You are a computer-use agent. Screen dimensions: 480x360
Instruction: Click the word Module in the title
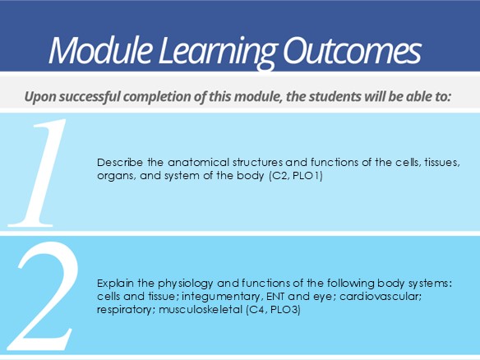point(100,50)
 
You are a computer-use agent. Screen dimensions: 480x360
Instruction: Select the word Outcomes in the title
point(353,51)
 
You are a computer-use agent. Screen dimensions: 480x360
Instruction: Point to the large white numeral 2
point(42,295)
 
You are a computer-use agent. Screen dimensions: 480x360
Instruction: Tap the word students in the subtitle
point(335,96)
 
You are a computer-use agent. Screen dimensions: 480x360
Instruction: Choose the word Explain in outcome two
point(115,284)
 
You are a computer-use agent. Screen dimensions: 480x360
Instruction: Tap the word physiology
point(185,284)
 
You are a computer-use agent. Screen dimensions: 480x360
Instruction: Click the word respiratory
point(124,310)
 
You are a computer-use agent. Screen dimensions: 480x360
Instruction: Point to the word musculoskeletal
point(201,310)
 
